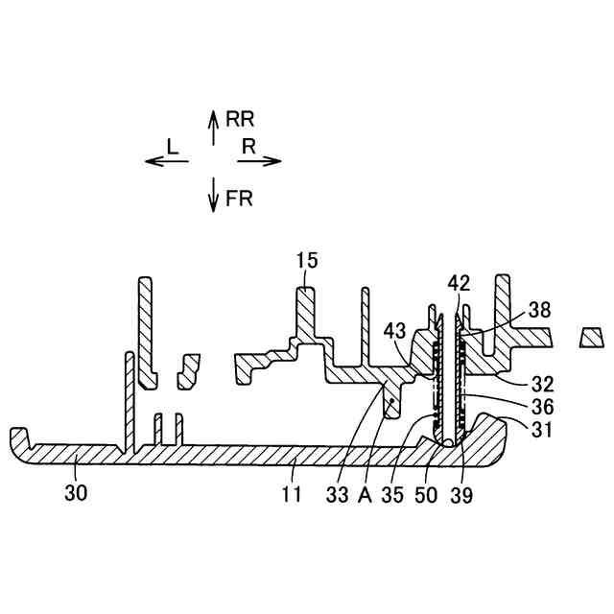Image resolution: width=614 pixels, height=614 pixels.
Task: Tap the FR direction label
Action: point(239,201)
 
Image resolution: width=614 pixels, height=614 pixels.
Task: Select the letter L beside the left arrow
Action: point(173,146)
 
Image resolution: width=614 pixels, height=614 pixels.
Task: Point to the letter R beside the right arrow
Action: point(248,146)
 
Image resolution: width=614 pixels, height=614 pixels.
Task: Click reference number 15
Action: point(308,260)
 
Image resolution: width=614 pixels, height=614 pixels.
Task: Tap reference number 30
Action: point(76,493)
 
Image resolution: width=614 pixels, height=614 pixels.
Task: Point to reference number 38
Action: point(539,311)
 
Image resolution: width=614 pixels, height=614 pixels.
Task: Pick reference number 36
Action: point(540,406)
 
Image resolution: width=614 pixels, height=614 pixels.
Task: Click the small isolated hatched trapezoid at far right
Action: point(591,337)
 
